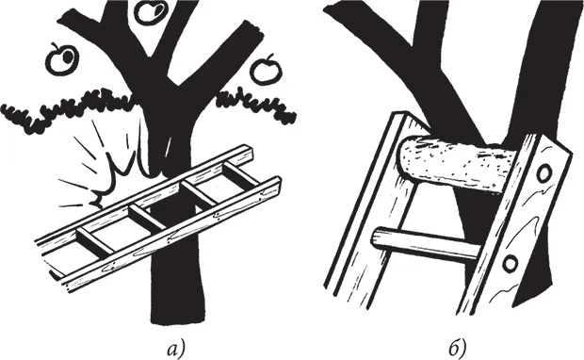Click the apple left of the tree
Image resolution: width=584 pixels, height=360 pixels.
click(x=62, y=59)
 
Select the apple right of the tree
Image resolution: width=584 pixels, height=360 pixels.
click(x=265, y=70)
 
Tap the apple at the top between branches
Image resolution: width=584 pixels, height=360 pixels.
click(x=151, y=12)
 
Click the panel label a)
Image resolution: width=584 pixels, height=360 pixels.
click(x=176, y=350)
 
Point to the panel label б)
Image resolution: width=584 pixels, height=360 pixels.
click(x=458, y=349)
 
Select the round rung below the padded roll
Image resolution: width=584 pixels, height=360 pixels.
click(x=428, y=244)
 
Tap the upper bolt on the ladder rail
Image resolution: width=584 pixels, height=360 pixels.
click(x=544, y=172)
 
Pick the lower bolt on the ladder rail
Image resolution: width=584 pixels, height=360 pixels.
click(x=510, y=264)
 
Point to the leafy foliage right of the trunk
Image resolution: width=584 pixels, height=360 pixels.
click(x=257, y=105)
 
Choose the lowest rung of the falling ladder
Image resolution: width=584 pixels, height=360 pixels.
click(x=95, y=241)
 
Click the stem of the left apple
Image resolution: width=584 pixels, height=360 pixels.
click(x=55, y=46)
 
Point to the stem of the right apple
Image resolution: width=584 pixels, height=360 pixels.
click(x=270, y=57)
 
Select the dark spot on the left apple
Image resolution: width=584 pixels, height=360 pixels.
click(x=69, y=57)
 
